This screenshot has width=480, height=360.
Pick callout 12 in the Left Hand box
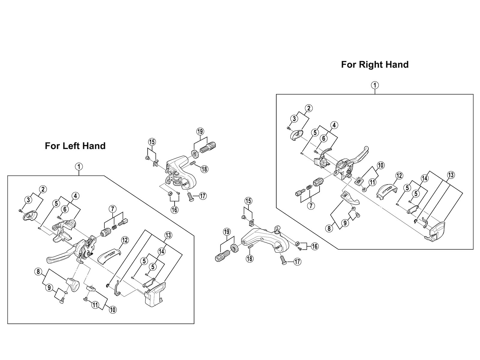(125, 240)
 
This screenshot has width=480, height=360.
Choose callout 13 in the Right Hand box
(451, 175)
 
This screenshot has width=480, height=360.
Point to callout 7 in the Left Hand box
(112, 208)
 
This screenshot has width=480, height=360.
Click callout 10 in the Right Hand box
(381, 165)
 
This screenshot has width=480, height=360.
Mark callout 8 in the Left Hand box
(38, 272)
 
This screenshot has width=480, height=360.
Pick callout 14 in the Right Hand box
(424, 178)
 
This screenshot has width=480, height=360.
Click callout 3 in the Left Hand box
(28, 199)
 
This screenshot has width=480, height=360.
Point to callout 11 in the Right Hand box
(372, 182)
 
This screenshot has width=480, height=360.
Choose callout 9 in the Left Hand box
(49, 288)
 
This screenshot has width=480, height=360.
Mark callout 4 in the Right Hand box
(334, 125)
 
